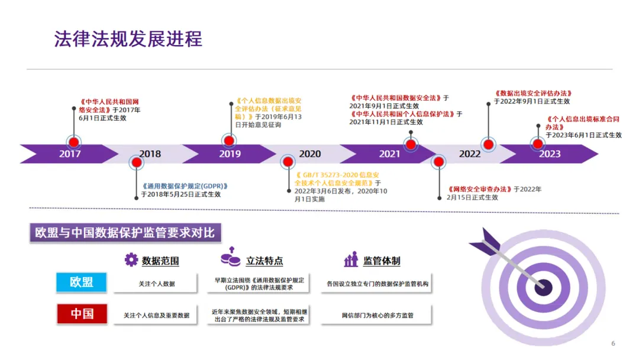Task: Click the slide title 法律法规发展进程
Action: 128,38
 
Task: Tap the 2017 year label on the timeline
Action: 70,154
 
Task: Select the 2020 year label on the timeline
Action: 309,154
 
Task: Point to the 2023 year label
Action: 550,154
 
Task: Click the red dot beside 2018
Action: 137,162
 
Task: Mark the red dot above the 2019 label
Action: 229,141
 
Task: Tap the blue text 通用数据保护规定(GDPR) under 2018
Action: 185,185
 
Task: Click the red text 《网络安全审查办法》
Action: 479,189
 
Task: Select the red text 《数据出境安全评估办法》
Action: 533,93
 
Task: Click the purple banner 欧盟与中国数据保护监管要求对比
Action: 125,233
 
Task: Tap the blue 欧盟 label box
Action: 82,282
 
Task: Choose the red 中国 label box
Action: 82,314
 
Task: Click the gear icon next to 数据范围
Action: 131,259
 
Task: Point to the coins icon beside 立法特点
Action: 230,259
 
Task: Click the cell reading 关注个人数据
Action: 157,284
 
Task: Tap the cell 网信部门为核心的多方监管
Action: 377,315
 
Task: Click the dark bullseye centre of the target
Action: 543,287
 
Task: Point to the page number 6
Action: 613,343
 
